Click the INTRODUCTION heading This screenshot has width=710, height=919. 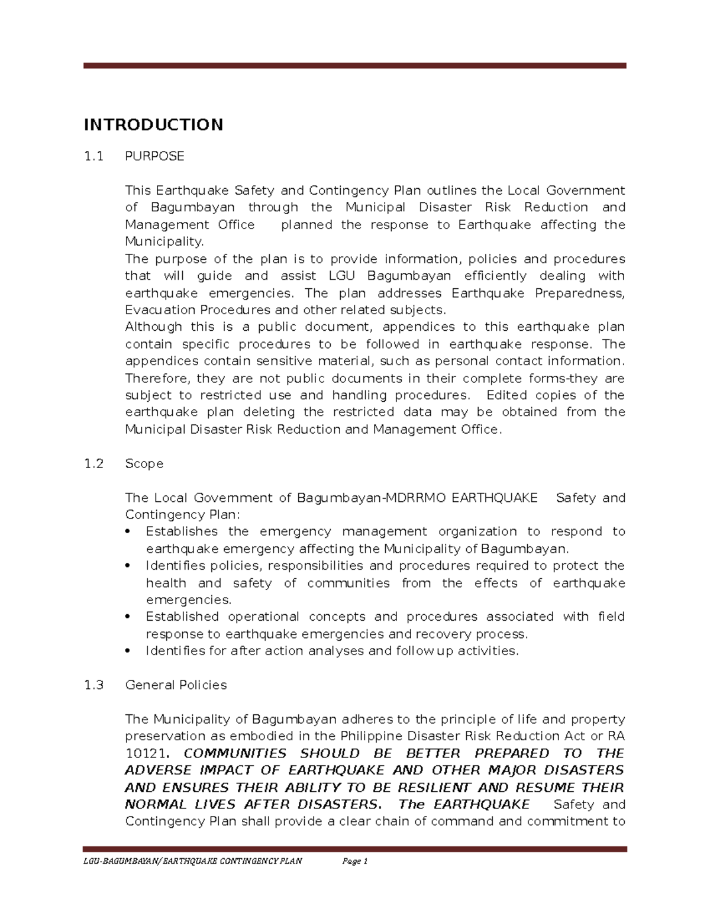pyautogui.click(x=153, y=125)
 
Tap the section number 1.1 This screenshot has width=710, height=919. pyautogui.click(x=93, y=156)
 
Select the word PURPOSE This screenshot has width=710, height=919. pyautogui.click(x=154, y=156)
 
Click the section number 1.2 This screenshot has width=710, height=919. pyautogui.click(x=93, y=463)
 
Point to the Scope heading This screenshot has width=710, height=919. pyautogui.click(x=144, y=463)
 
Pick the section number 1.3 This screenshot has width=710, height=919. pyautogui.click(x=93, y=685)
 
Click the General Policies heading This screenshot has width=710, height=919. pyautogui.click(x=176, y=685)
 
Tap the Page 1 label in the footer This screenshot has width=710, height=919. pyautogui.click(x=355, y=861)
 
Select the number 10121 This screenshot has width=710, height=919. pyautogui.click(x=145, y=753)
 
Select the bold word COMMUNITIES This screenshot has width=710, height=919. pyautogui.click(x=235, y=753)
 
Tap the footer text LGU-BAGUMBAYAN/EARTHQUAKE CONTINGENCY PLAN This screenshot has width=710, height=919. pyautogui.click(x=192, y=861)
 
